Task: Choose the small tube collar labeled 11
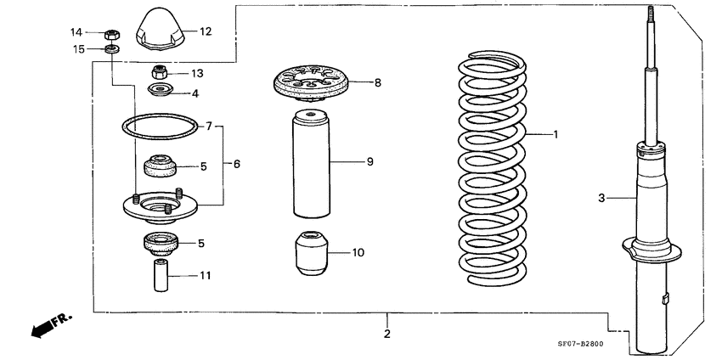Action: pyautogui.click(x=160, y=275)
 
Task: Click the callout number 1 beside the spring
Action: pyautogui.click(x=556, y=134)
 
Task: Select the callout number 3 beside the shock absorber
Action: pyautogui.click(x=601, y=198)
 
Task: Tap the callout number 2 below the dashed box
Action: pyautogui.click(x=386, y=335)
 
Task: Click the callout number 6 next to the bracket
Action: pyautogui.click(x=237, y=163)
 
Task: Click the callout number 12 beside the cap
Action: pyautogui.click(x=205, y=31)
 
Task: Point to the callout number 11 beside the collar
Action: pyautogui.click(x=206, y=276)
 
